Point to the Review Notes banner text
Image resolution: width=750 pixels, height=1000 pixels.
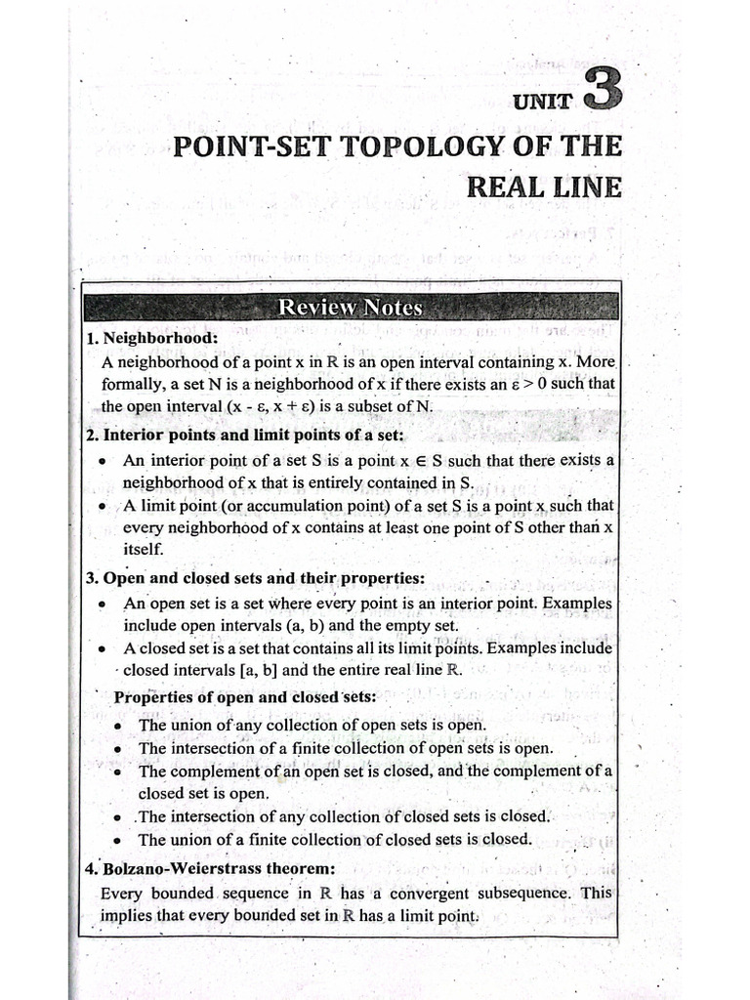coord(350,308)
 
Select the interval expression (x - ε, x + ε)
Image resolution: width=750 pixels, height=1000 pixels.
coord(203,407)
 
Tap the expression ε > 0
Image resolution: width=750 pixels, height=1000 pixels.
coord(520,384)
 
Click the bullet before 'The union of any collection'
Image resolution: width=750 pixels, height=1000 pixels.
coord(118,727)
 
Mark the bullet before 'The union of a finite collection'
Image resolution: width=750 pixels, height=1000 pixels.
coord(118,840)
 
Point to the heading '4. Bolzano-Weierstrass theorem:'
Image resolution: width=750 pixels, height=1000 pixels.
coord(210,867)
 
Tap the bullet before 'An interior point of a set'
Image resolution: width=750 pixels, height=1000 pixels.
coord(103,461)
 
